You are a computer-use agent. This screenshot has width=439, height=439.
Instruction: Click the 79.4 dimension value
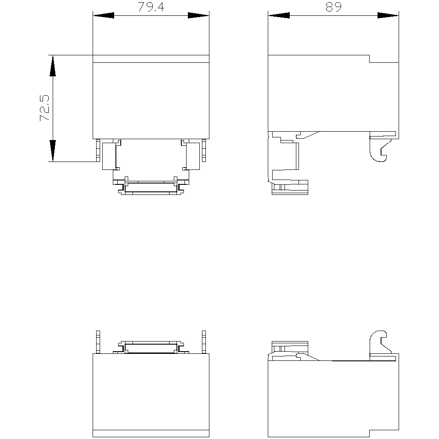151,7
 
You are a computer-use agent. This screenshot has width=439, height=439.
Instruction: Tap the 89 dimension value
334,7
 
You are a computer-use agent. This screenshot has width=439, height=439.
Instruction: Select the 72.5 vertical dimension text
44,108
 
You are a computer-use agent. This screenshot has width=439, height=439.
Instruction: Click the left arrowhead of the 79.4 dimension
104,15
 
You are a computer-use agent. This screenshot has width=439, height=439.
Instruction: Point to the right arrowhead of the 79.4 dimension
198,15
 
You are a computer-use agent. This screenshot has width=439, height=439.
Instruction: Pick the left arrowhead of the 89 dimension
279,15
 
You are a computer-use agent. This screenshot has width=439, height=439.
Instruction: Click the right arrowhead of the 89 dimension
388,15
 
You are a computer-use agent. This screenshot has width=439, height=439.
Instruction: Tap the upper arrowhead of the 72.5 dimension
53,66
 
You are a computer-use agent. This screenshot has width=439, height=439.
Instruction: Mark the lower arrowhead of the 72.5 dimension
53,151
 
